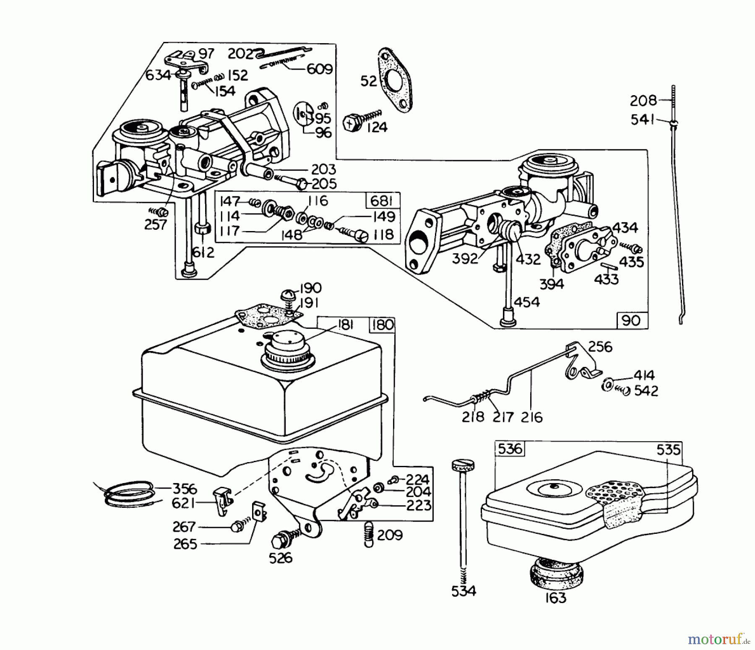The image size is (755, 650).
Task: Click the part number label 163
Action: point(556,597)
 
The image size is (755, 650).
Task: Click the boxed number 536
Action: point(510,449)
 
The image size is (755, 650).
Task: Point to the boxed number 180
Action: point(382,325)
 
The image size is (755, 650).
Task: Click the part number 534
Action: point(464,591)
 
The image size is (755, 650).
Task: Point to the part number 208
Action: point(643,101)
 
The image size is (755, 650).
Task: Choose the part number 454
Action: point(527,302)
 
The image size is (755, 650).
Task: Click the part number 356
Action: point(185,489)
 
